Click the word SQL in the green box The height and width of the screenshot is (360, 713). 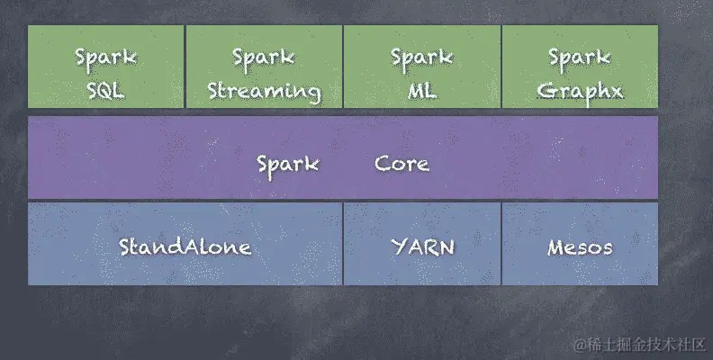coord(106,90)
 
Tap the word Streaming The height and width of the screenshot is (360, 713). coord(264,90)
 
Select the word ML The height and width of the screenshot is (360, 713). coord(422,90)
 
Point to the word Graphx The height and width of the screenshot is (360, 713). coord(580,90)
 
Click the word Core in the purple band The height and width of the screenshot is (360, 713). coord(402,164)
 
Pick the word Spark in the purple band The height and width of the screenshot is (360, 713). coord(287,164)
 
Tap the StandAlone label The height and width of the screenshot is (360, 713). coord(185,247)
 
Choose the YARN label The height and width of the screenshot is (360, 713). coord(422,247)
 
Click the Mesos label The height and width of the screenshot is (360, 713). coord(580,247)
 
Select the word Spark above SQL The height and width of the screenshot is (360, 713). coord(106,57)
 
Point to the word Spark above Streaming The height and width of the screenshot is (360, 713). coord(264,57)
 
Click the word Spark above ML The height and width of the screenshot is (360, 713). coord(422,57)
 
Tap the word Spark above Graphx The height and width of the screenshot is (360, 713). coord(580,57)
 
